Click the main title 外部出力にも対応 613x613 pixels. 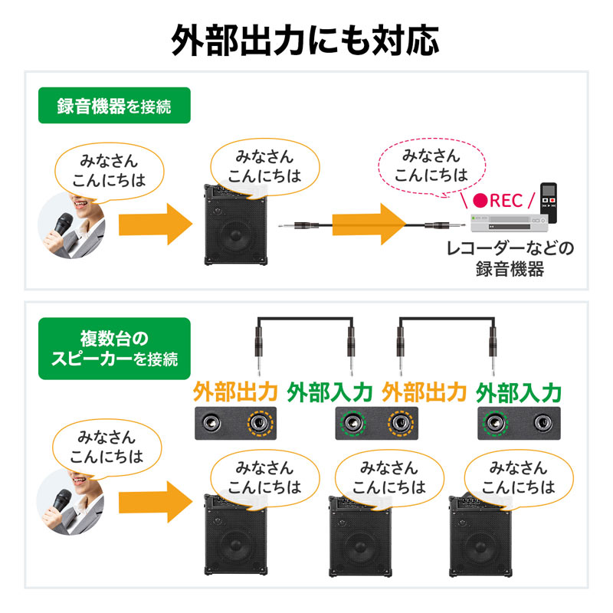[x=306, y=40]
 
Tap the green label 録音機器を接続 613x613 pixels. [x=114, y=107]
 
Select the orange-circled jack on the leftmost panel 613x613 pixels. [x=259, y=423]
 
